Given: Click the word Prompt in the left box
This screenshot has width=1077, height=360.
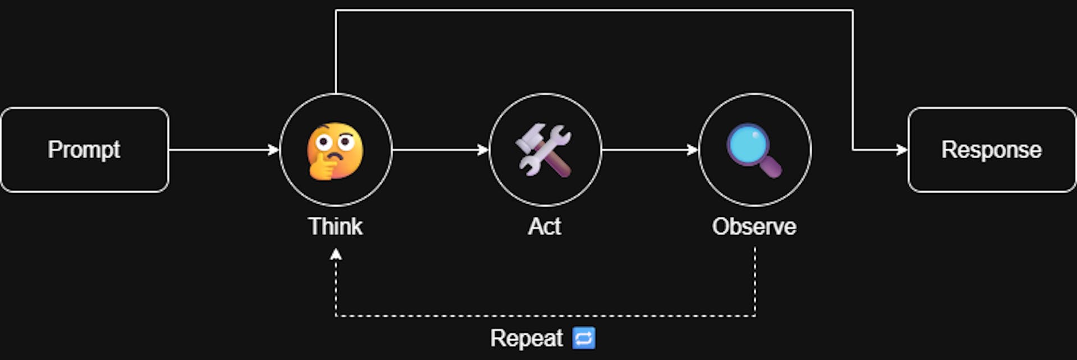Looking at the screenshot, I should [x=84, y=150].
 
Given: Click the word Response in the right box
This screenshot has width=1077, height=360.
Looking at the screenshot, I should [x=991, y=150].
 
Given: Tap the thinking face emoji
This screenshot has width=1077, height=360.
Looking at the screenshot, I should [x=335, y=150].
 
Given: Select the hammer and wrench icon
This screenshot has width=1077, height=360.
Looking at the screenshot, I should [x=544, y=150].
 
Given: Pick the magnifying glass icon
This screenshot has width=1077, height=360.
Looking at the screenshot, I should [x=754, y=150].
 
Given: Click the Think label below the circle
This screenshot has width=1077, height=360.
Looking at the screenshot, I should [x=335, y=227].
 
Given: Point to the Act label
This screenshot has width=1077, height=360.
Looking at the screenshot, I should [x=544, y=227].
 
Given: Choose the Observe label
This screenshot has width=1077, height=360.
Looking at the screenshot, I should [x=754, y=227].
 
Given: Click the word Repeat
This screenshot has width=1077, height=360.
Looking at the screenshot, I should [x=526, y=338].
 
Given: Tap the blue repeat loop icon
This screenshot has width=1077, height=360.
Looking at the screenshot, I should [x=583, y=338].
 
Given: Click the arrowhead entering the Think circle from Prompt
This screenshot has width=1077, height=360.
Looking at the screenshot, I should [x=274, y=150].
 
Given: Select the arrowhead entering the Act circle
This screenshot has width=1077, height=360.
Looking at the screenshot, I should [x=483, y=150].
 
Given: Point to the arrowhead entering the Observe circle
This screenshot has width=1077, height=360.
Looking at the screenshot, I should [x=693, y=150].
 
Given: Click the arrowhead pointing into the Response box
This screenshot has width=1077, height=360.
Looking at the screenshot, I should [x=902, y=150].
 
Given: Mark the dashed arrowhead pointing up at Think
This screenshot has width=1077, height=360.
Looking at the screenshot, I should [x=335, y=255].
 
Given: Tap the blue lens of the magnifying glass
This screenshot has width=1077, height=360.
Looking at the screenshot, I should [x=747, y=143].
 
